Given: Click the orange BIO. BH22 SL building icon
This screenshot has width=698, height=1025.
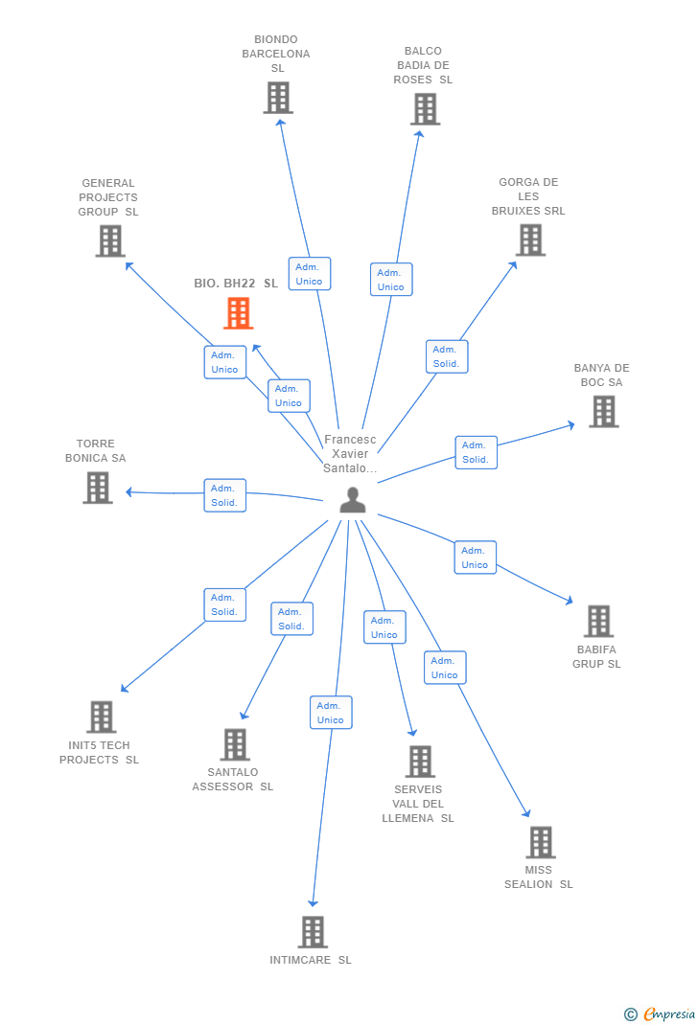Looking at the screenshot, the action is click(x=238, y=313).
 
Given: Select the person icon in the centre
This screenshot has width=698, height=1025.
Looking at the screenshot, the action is click(x=353, y=500).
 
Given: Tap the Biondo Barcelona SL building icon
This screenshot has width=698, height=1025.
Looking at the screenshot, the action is click(x=278, y=98).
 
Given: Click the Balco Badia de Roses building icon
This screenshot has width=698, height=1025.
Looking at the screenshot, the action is click(x=425, y=109).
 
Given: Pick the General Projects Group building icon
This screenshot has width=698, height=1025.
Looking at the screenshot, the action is click(x=110, y=240).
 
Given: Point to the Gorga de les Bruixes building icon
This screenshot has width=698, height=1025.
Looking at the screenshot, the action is click(x=530, y=239).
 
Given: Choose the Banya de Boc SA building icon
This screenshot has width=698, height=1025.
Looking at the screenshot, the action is click(x=603, y=411).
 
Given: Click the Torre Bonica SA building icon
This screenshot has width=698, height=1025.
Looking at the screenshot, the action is click(x=97, y=488).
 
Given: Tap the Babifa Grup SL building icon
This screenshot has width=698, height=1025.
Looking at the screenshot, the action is click(x=598, y=621).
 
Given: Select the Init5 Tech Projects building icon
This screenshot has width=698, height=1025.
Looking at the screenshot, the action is click(x=101, y=717).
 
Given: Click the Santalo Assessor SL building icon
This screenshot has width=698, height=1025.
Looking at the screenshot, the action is click(x=235, y=744).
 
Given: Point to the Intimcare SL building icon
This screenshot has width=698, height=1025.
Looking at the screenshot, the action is click(x=313, y=931).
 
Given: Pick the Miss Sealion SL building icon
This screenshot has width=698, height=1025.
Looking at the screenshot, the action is click(x=541, y=842).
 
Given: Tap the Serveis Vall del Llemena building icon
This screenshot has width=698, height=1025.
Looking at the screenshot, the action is click(x=420, y=762).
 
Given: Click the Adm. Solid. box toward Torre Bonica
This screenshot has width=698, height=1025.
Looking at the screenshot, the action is click(x=224, y=495).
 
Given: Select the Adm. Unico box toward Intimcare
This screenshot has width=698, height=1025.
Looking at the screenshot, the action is click(x=331, y=713).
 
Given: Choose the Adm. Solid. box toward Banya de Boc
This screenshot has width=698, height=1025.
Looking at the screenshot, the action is click(x=476, y=452).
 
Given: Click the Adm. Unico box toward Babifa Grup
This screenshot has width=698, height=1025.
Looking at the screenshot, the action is click(x=475, y=558).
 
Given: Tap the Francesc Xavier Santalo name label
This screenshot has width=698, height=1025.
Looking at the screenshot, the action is click(x=350, y=453).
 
